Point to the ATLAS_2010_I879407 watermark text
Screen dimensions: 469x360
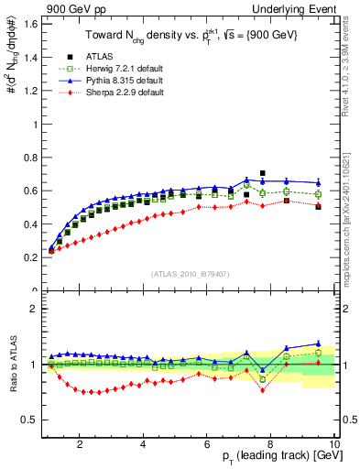coord(190,273)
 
